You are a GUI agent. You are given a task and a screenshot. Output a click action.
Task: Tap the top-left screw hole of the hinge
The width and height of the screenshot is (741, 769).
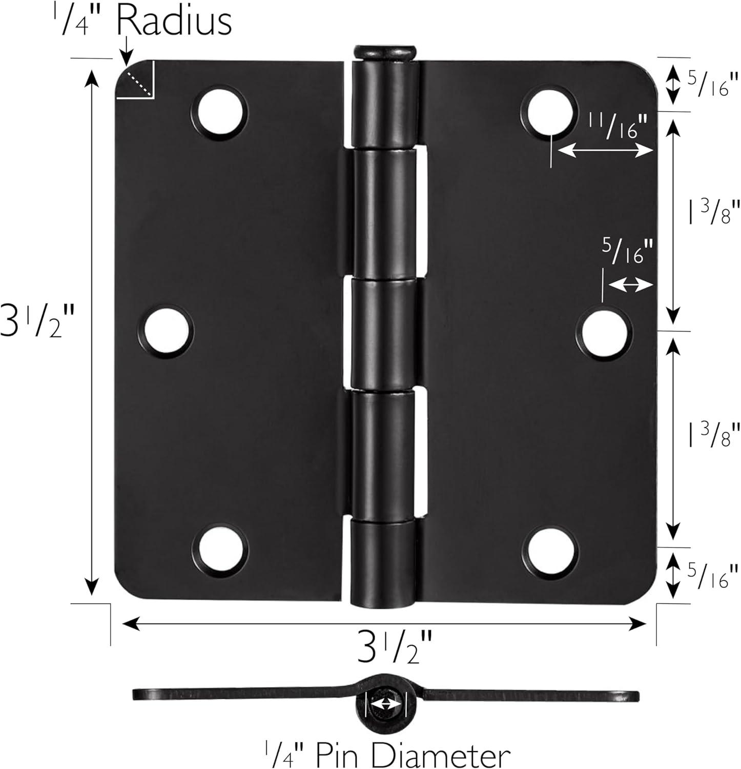[219, 113]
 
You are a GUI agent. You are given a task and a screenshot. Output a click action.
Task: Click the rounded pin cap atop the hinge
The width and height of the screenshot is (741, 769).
[385, 52]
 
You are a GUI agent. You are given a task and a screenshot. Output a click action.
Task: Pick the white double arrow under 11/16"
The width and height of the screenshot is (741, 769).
[605, 151]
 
